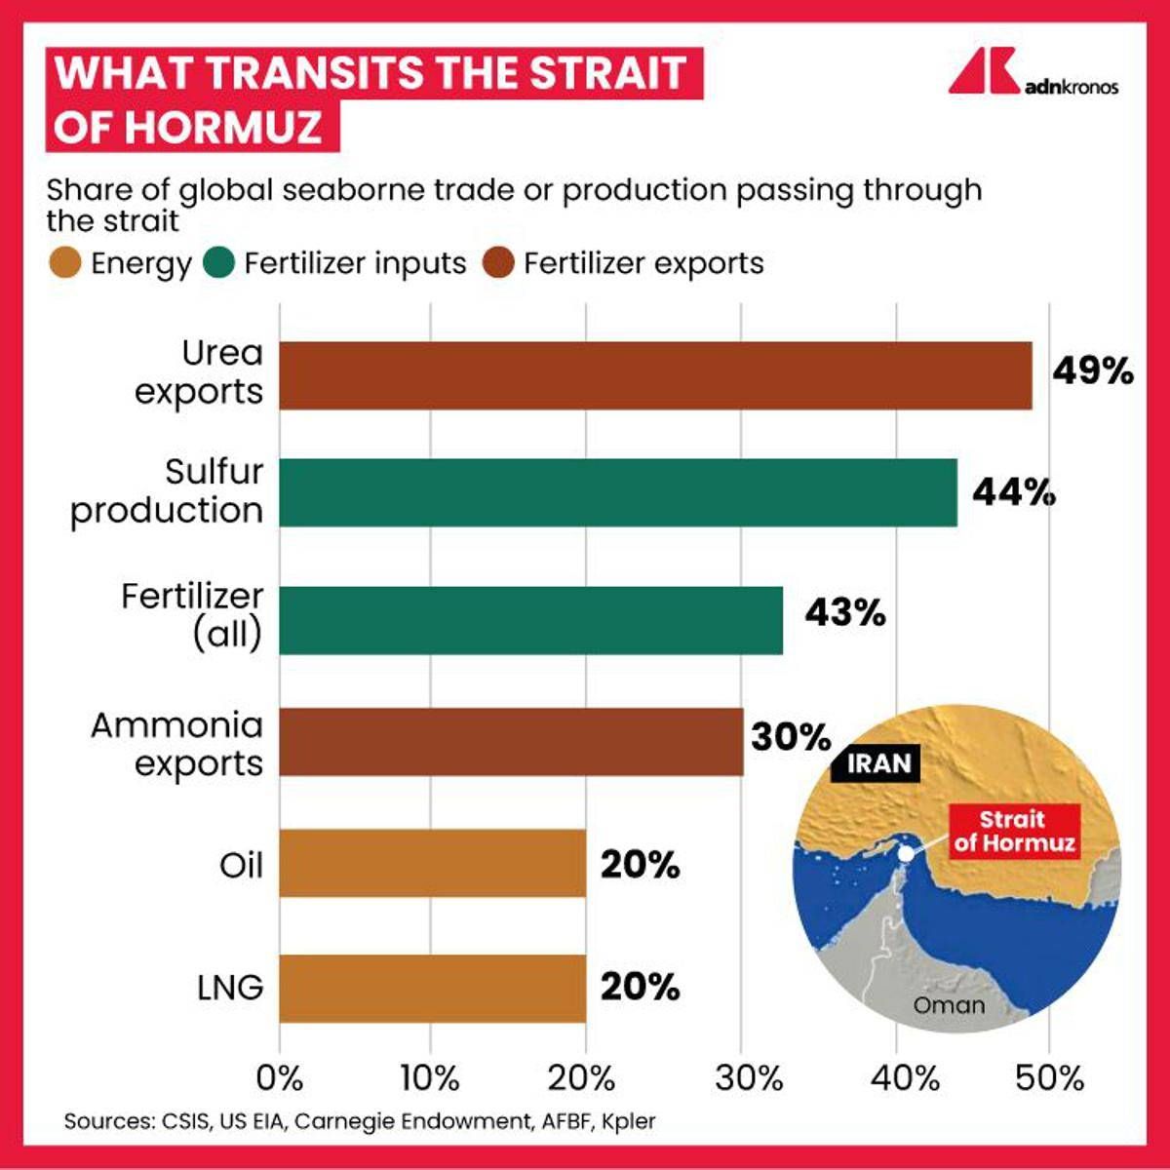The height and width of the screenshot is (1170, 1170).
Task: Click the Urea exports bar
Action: (655, 375)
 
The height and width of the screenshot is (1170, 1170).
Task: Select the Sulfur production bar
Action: (618, 492)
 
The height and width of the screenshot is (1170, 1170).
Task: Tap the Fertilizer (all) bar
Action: (531, 620)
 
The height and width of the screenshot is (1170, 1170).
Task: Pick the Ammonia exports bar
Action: (511, 742)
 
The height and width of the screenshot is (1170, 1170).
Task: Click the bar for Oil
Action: (432, 863)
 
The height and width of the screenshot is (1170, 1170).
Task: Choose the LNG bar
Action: (432, 988)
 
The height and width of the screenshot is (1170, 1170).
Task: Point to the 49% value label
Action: (1093, 371)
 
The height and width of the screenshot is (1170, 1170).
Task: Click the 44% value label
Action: (1014, 492)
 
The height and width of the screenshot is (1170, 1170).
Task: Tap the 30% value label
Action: (791, 737)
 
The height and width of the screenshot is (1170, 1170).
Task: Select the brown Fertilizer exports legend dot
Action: (499, 263)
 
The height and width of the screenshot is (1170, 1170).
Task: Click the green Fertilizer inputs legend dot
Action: (220, 263)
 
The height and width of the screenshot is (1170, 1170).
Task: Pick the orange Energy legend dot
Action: (64, 263)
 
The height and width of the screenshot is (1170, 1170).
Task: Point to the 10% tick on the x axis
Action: (430, 1077)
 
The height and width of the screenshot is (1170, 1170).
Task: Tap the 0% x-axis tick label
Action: (280, 1077)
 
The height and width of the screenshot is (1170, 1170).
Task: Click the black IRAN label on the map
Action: (877, 762)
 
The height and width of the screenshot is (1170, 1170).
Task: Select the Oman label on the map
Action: (949, 1005)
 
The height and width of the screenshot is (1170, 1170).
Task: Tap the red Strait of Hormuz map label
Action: (1014, 831)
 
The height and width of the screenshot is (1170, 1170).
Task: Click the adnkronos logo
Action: (1033, 73)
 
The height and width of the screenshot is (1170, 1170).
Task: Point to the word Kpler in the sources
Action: (629, 1121)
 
